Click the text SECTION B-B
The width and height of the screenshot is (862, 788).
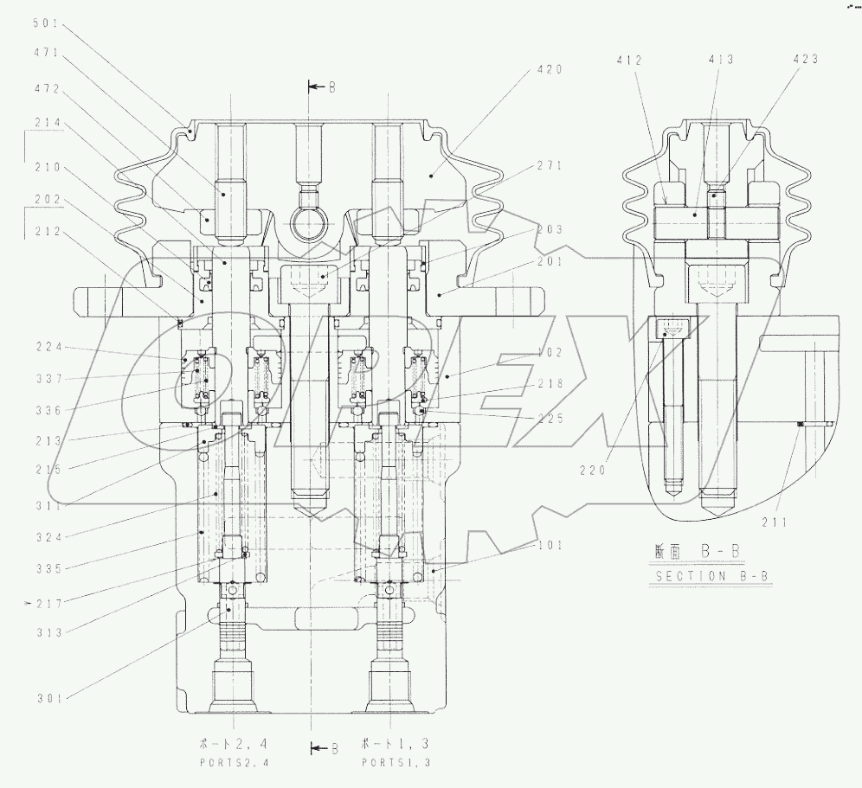coord(701,577)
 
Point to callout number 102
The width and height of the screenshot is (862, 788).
coord(549,353)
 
